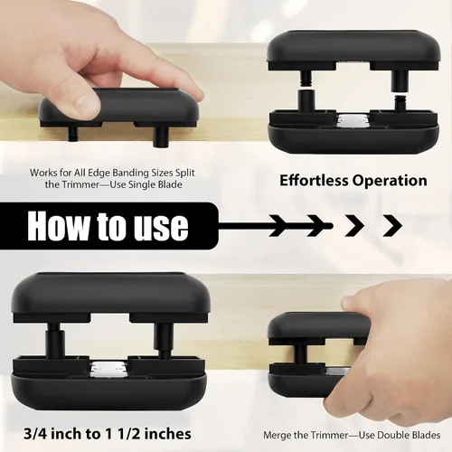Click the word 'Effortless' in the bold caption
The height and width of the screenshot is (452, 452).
[314, 181]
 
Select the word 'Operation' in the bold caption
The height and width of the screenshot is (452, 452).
[390, 182]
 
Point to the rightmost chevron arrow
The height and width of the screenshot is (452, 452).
[392, 225]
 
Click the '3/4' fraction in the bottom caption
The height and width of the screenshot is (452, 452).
[35, 434]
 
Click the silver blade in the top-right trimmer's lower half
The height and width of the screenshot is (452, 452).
[353, 120]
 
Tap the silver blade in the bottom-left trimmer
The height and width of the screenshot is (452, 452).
[109, 368]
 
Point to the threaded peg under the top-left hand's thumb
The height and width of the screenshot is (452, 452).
[73, 134]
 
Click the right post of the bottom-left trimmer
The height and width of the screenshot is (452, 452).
[163, 341]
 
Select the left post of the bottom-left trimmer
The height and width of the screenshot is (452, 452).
[55, 341]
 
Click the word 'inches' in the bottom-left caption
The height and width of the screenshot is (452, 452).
[169, 434]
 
